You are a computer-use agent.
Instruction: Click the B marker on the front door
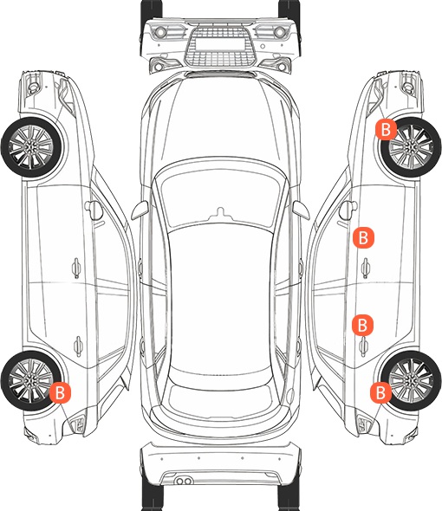tap(363, 238)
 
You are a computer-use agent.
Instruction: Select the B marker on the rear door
tap(362, 325)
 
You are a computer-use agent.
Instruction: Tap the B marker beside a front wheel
tap(386, 129)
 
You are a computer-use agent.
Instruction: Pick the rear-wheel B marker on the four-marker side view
tap(380, 392)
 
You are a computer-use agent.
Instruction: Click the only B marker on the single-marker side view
tap(60, 392)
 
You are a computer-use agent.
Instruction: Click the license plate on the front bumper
tap(220, 44)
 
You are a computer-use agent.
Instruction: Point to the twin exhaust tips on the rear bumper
tap(184, 481)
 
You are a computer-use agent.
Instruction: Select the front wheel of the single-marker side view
tap(32, 147)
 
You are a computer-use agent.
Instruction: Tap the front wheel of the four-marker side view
tap(411, 147)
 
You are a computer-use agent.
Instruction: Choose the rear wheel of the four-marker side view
tap(411, 380)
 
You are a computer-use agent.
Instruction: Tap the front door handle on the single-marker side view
tap(76, 268)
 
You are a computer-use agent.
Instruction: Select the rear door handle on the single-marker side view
tap(78, 346)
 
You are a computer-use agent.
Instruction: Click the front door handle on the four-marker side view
tap(366, 268)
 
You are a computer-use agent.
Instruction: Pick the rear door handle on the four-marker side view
tap(364, 346)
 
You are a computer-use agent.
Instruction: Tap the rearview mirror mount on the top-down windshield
tap(221, 213)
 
